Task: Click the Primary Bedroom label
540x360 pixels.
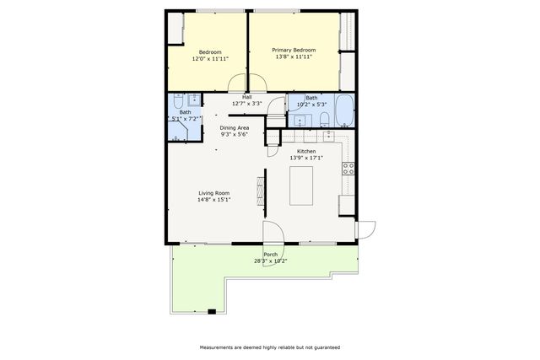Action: [292, 50]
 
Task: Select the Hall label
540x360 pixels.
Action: [246, 97]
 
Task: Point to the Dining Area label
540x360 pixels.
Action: [234, 127]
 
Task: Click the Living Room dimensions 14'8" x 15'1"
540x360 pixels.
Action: [213, 200]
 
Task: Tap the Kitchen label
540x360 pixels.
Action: [305, 151]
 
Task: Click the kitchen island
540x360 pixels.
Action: [301, 185]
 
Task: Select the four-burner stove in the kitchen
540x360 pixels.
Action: [347, 168]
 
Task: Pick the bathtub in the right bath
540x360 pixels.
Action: [345, 110]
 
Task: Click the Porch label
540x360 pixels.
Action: [270, 254]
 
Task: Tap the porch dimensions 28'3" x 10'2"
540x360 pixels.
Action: [270, 261]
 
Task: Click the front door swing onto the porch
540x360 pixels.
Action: [273, 234]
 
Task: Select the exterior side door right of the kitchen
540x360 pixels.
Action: [366, 229]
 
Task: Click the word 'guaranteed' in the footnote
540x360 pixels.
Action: [324, 347]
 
